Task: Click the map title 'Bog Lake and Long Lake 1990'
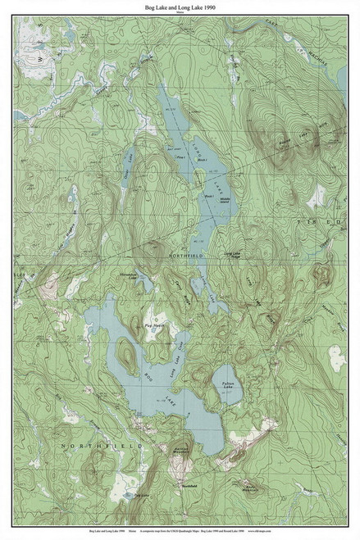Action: coord(180,6)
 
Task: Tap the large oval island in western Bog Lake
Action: coord(125,354)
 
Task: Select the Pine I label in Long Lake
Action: coord(180,153)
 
